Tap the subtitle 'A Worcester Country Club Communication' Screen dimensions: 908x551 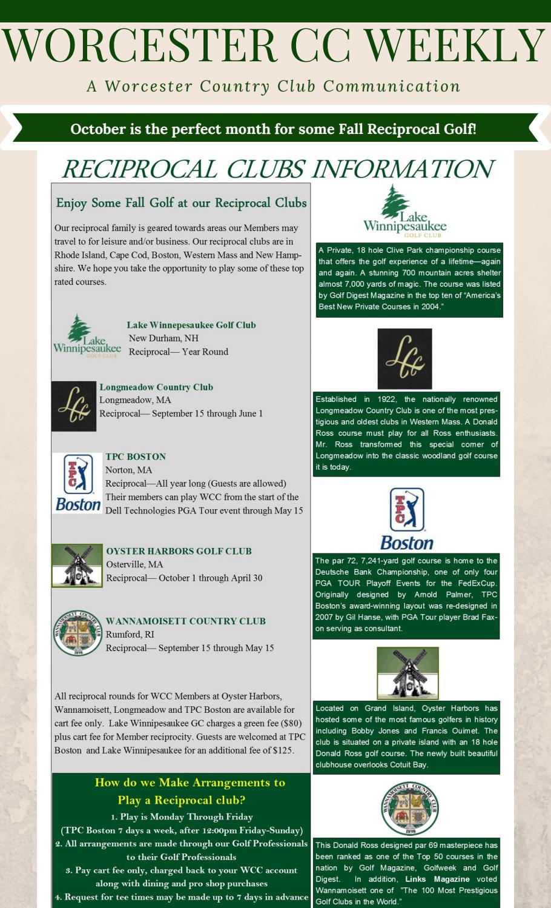coord(274,86)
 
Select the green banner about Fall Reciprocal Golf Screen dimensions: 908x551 coord(274,129)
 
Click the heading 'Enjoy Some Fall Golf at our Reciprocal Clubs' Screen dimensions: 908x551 coord(181,203)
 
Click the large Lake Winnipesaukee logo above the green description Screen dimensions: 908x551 coord(404,212)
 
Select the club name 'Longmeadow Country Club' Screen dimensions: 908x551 coord(156,387)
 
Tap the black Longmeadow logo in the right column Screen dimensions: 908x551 coord(404,359)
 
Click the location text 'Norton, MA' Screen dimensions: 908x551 coord(128,470)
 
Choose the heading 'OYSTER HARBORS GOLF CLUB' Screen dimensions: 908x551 coord(179,551)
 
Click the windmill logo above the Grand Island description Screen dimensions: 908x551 coord(407,673)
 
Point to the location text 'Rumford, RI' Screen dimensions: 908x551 coord(130,634)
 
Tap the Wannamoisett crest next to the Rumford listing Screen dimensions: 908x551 coord(78,633)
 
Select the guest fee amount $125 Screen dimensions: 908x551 coord(283,750)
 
